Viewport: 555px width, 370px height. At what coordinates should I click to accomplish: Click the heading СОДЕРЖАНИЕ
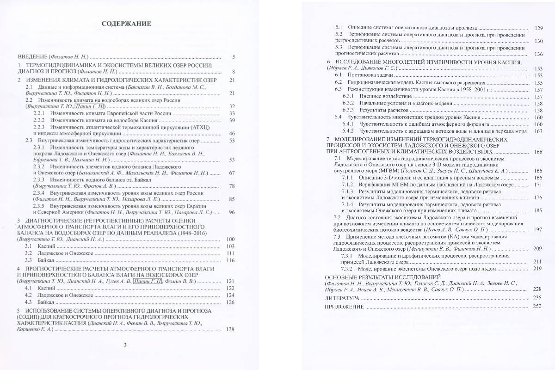click(126, 24)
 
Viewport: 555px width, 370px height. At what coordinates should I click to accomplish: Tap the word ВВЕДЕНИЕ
click(33, 57)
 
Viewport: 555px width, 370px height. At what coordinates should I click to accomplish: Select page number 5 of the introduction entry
click(234, 57)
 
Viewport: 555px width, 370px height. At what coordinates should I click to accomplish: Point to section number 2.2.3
click(40, 126)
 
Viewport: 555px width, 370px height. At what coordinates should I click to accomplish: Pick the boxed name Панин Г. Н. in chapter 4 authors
click(147, 281)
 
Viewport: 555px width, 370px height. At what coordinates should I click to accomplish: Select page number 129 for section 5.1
click(538, 28)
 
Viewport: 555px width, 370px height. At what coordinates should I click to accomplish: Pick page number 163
click(538, 131)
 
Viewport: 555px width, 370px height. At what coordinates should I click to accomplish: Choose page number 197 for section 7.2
click(538, 230)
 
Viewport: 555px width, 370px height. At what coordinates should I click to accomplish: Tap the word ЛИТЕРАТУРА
click(342, 298)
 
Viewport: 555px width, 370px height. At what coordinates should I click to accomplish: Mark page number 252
click(537, 306)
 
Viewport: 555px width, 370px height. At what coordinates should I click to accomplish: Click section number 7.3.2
click(347, 268)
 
